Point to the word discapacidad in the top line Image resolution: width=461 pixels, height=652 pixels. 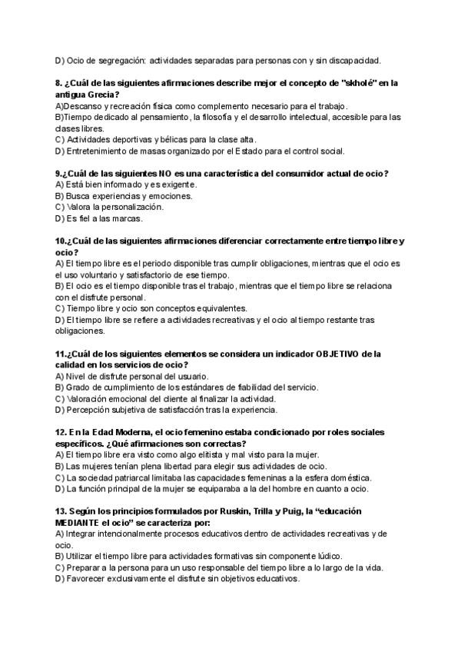[351, 60]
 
